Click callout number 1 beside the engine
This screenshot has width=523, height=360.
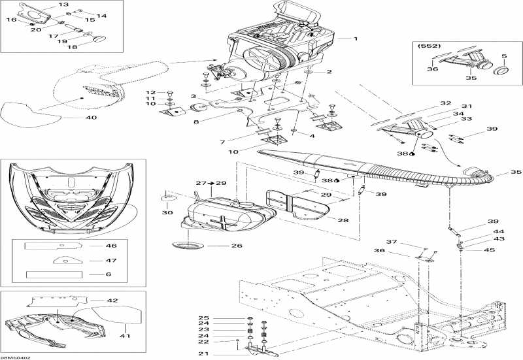pos(356,39)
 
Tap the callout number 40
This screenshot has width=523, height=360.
pos(91,118)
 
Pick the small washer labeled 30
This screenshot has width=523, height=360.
pos(169,197)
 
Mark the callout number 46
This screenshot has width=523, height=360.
pos(112,246)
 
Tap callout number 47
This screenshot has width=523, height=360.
pos(112,260)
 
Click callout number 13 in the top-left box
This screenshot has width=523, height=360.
pos(63,5)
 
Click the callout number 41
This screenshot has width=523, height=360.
pos(125,336)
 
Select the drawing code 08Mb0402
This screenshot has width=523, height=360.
pos(16,357)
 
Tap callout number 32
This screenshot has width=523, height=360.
pos(445,104)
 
